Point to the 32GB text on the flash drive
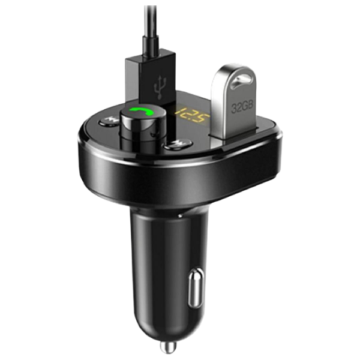click(242, 107)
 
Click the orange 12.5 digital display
click(192, 115)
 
